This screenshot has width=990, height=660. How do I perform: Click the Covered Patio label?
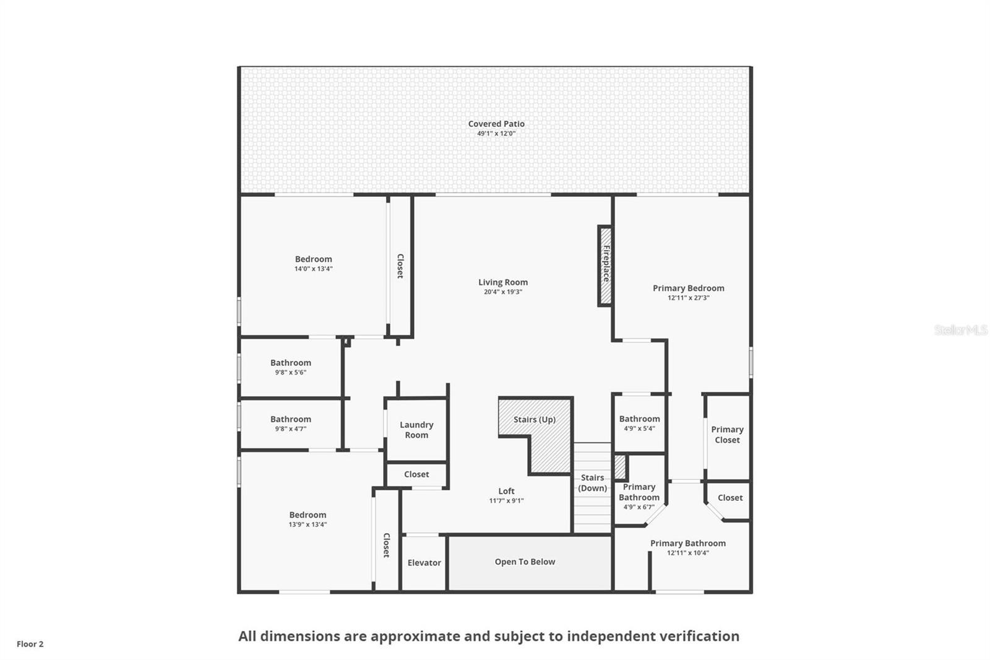point(496,124)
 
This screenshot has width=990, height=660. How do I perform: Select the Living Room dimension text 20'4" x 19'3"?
point(502,292)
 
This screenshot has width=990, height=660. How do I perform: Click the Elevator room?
point(424,563)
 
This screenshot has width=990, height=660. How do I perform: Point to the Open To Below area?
point(525,562)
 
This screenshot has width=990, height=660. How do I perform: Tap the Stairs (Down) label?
point(592,483)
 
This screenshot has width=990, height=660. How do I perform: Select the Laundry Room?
point(416,430)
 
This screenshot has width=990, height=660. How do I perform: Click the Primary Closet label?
point(727,435)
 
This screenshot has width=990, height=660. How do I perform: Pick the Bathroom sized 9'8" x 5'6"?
point(290,367)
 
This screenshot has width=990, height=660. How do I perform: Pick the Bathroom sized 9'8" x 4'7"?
point(290,423)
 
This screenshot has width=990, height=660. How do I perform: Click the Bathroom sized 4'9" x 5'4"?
point(639,423)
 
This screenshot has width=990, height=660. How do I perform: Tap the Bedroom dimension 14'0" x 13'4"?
point(313,269)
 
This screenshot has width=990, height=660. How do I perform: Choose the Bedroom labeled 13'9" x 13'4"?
point(308,519)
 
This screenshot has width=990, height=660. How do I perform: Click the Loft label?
point(506,491)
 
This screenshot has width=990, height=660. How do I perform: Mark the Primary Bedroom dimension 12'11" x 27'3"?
point(688,298)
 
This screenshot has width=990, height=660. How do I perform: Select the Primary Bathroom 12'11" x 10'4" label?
point(687,544)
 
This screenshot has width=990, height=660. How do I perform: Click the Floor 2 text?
point(30,644)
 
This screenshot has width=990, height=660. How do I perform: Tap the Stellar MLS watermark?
point(960,330)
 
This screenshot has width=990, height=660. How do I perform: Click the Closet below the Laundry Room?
point(416,474)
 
